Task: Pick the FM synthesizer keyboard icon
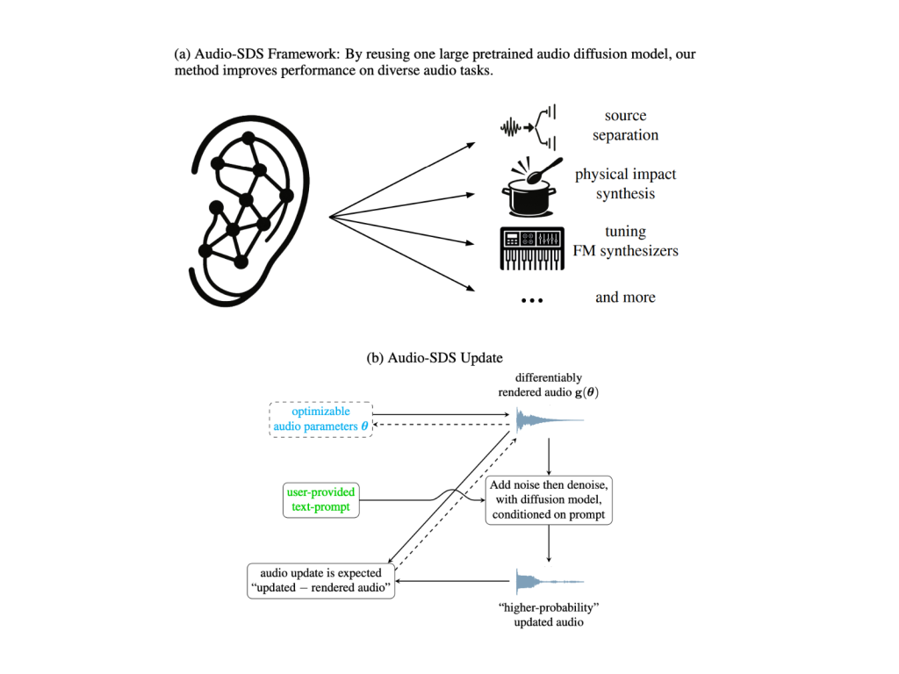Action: pos(529,247)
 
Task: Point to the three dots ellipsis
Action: pos(532,300)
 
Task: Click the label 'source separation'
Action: pos(625,125)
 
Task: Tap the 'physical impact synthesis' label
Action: pos(625,184)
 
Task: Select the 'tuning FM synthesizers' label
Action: pos(625,241)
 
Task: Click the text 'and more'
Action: pos(625,298)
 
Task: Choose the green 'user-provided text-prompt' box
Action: pos(320,499)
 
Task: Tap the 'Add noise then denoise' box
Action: pos(549,499)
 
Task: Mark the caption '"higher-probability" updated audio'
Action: pos(549,614)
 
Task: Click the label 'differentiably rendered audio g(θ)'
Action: pos(549,384)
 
